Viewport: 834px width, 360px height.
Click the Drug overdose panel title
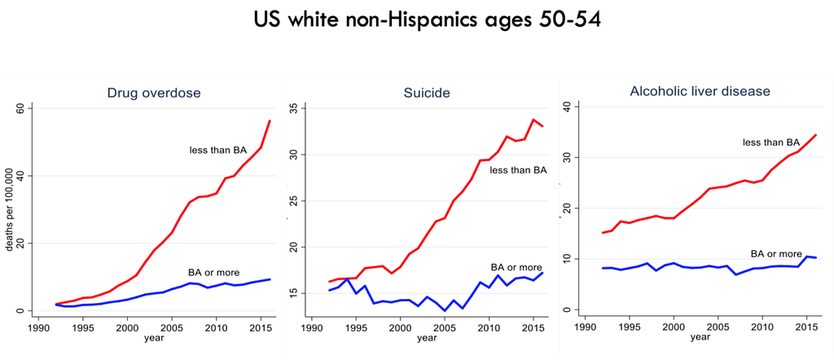pos(154,93)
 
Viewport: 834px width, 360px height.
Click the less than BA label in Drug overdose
pos(218,150)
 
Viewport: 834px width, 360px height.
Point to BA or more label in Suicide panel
pos(516,267)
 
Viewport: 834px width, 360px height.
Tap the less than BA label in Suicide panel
pos(518,169)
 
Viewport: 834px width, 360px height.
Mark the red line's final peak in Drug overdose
pos(270,121)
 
